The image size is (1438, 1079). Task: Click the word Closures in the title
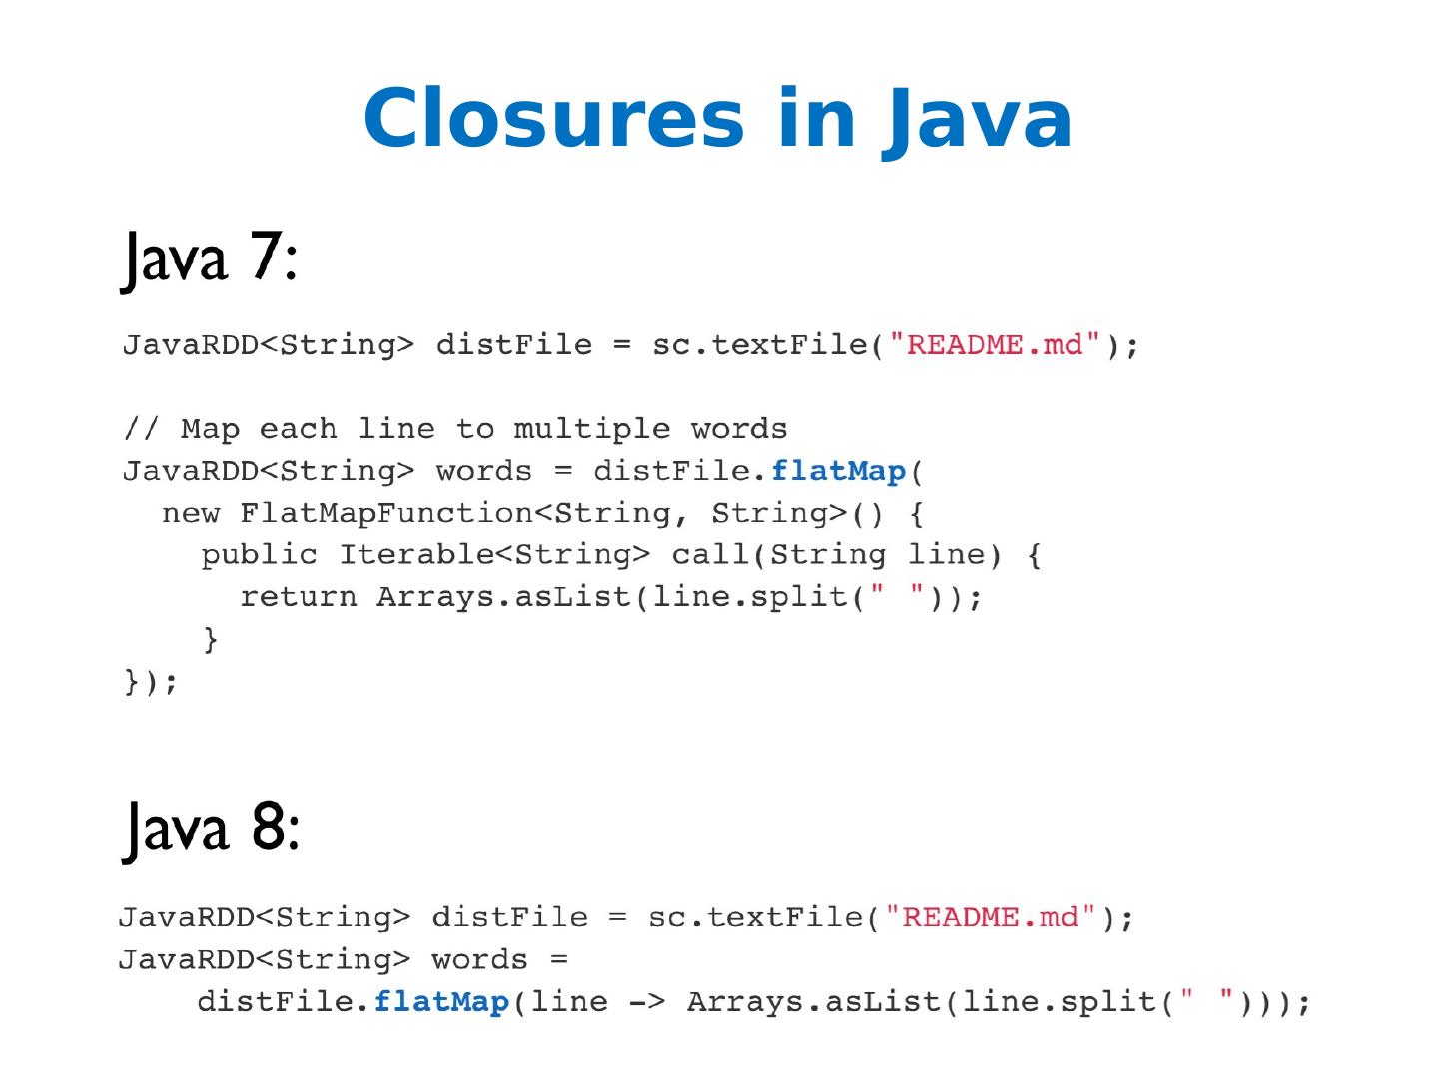[x=553, y=119]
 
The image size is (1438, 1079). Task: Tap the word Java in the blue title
[x=977, y=119]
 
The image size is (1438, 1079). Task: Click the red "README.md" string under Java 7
[x=995, y=345]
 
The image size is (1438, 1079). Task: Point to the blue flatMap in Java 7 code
[x=838, y=470]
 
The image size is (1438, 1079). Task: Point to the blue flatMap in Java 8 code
[x=441, y=1001]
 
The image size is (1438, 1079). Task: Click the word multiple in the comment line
[x=592, y=429]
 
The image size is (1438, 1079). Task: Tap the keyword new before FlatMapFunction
[x=191, y=513]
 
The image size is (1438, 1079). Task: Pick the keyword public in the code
[x=259, y=554]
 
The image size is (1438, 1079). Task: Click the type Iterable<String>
[x=494, y=554]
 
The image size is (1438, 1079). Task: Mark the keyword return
[x=298, y=596]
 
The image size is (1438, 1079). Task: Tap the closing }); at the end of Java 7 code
[x=151, y=681]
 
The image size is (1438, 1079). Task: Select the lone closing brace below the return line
[x=210, y=638]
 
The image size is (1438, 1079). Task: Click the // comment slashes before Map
[x=141, y=429]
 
